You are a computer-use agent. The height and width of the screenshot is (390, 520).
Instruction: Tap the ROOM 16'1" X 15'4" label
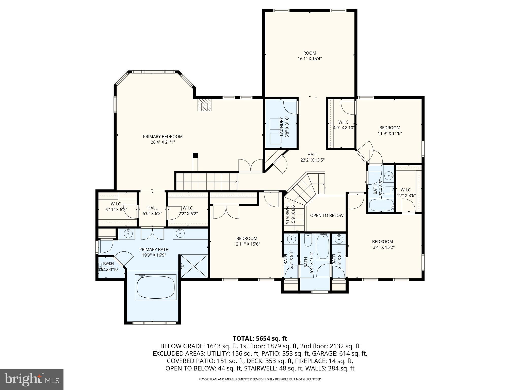[310, 56]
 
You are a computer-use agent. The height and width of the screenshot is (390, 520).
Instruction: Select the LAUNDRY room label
[281, 127]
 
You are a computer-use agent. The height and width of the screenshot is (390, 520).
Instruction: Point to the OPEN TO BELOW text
[327, 215]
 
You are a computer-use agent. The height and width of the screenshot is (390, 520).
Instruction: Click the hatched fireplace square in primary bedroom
[204, 104]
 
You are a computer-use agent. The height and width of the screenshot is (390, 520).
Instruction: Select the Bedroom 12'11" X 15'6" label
[247, 241]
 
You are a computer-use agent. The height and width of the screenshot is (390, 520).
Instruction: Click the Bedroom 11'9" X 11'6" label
[390, 130]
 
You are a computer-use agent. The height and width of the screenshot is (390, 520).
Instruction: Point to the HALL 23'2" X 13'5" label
[312, 157]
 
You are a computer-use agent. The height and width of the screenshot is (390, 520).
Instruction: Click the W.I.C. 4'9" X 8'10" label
[344, 125]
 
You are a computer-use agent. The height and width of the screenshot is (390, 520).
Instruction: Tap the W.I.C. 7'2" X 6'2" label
[188, 211]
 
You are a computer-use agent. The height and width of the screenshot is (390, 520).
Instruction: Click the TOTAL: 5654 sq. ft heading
[260, 338]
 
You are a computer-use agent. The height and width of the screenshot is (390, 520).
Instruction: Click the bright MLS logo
[31, 379]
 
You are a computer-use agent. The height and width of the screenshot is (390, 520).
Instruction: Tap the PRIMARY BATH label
[154, 252]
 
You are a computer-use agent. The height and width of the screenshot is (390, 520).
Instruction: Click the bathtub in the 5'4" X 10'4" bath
[323, 247]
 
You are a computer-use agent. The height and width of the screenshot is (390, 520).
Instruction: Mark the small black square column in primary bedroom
[195, 155]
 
